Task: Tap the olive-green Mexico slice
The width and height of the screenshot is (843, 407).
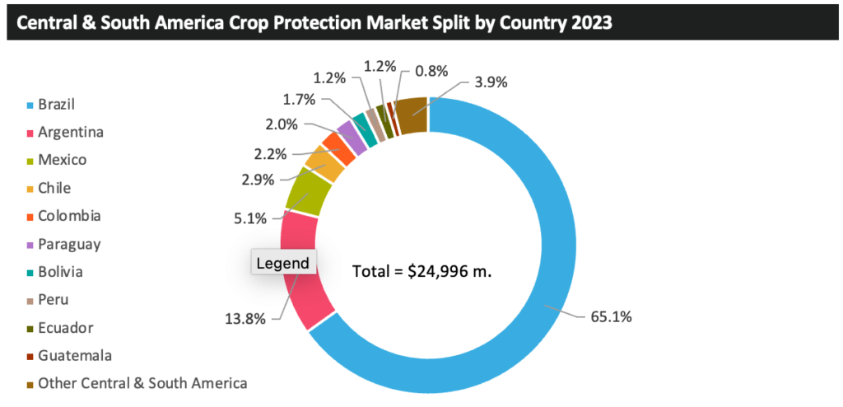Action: [x=309, y=194]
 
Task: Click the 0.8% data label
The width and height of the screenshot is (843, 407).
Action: [x=431, y=72]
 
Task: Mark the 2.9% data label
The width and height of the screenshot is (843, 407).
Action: [x=258, y=179]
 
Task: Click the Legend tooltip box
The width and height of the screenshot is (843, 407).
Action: [x=282, y=264]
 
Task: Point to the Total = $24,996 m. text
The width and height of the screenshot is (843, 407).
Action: [x=421, y=271]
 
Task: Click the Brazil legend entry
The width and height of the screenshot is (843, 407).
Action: [x=62, y=105]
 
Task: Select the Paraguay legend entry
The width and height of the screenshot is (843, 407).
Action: [x=69, y=244]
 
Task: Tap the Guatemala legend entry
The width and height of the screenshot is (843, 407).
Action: [x=74, y=355]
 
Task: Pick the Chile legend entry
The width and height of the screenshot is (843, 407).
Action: [x=54, y=188]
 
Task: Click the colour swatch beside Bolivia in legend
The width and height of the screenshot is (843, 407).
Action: [x=30, y=273]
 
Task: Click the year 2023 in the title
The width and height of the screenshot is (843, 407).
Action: [x=589, y=22]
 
